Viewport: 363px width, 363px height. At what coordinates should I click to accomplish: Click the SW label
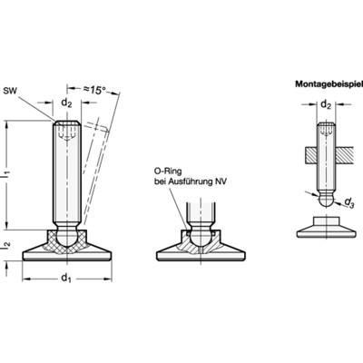tap(9, 91)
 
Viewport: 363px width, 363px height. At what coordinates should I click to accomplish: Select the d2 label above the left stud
tap(67, 103)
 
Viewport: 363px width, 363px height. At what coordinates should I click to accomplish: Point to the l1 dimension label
tap(6, 175)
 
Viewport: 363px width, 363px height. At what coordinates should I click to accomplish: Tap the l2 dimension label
tap(6, 245)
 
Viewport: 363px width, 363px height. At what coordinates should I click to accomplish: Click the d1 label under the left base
tap(66, 278)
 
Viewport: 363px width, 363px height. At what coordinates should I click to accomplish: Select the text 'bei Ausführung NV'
tap(191, 181)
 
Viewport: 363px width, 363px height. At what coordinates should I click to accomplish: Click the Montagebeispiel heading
tap(329, 83)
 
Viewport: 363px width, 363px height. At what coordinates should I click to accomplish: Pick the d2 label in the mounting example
tap(326, 104)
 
